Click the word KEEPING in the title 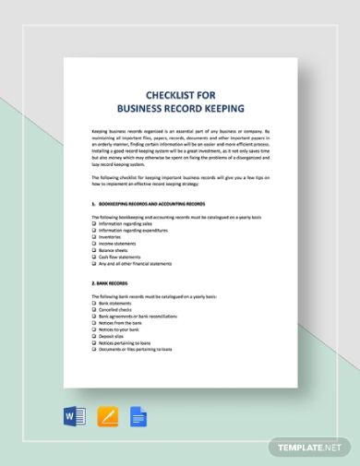pos(214,108)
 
